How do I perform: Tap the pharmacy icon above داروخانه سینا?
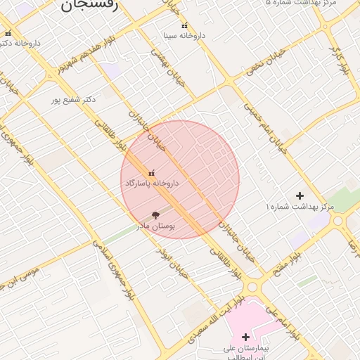pyautogui.click(x=185, y=26)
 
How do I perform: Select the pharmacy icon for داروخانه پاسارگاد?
pyautogui.click(x=152, y=173)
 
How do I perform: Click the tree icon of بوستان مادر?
pyautogui.click(x=155, y=215)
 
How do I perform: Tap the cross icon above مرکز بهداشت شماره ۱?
pyautogui.click(x=300, y=195)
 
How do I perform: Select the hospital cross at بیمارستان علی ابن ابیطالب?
pyautogui.click(x=245, y=337)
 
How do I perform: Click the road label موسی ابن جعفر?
pyautogui.click(x=29, y=274)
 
